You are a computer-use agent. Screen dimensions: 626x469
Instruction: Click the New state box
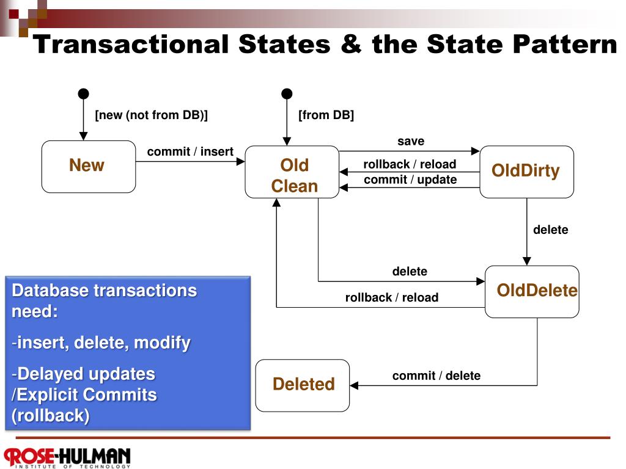click(x=89, y=167)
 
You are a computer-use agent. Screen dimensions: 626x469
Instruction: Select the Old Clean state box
click(x=292, y=172)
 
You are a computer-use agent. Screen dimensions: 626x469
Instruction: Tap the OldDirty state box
click(x=526, y=172)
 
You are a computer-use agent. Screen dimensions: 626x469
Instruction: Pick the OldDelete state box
click(x=532, y=291)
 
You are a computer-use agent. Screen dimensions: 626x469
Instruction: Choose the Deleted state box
click(x=302, y=385)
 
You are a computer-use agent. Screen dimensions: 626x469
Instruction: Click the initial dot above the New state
click(x=83, y=93)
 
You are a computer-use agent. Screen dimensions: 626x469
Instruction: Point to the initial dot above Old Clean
click(x=287, y=93)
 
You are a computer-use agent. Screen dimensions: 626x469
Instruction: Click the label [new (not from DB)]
click(x=152, y=115)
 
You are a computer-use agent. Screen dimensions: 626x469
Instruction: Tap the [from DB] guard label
click(x=326, y=115)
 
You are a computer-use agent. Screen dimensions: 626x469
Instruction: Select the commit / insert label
click(x=190, y=151)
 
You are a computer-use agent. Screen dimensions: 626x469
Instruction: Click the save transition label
click(x=411, y=141)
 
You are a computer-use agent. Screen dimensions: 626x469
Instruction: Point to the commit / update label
click(x=410, y=180)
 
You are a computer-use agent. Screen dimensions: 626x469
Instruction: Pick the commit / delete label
click(x=436, y=376)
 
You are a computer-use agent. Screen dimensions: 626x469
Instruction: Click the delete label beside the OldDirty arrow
click(x=551, y=230)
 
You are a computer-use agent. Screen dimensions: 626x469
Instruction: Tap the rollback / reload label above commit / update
click(x=410, y=164)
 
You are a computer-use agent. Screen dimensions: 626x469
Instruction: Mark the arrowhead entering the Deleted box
click(x=354, y=385)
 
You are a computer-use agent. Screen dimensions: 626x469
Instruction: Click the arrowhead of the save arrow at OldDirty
click(x=476, y=151)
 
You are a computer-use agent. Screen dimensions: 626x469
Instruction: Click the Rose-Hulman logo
click(x=67, y=457)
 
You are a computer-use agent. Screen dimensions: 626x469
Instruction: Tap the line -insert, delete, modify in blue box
click(x=101, y=343)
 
